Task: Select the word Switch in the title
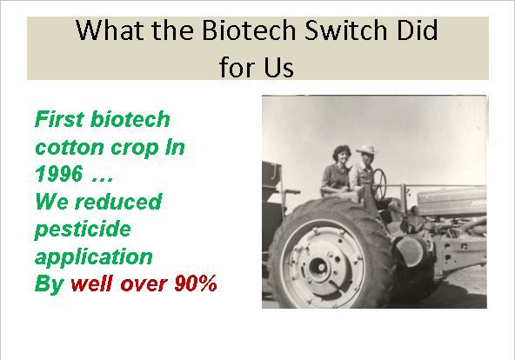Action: pyautogui.click(x=346, y=30)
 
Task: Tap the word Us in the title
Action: pyautogui.click(x=279, y=68)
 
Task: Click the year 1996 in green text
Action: pyautogui.click(x=59, y=174)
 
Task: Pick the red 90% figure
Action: pyautogui.click(x=196, y=283)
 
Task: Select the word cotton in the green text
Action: pyautogui.click(x=70, y=147)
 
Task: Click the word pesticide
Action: pyautogui.click(x=83, y=229)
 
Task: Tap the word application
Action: pyautogui.click(x=94, y=257)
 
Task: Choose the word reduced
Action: pyautogui.click(x=118, y=201)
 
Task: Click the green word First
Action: pyautogui.click(x=59, y=119)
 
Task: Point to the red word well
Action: pyautogui.click(x=91, y=283)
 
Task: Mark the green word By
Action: pyautogui.click(x=50, y=283)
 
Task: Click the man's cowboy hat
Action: pyautogui.click(x=366, y=150)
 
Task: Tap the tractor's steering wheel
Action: pyautogui.click(x=379, y=184)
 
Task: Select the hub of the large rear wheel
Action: pyautogui.click(x=318, y=267)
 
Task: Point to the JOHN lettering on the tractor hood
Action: pyautogui.click(x=478, y=203)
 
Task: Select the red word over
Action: pyautogui.click(x=144, y=284)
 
